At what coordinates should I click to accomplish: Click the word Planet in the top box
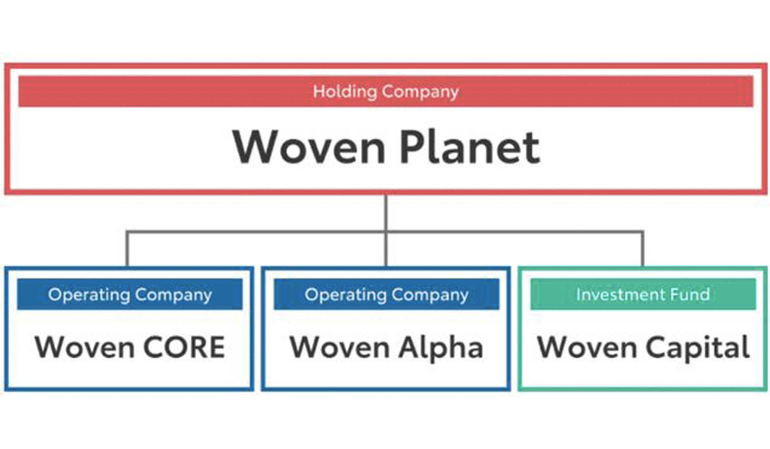coord(470,147)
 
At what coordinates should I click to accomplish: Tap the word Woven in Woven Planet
coord(309,147)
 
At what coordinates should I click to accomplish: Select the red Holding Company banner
coord(386,91)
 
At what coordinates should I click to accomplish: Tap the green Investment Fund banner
coord(643,294)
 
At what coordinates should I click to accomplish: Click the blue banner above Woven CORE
coord(130,294)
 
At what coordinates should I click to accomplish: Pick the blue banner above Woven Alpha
coord(386,294)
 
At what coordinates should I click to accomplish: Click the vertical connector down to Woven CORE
coord(127,249)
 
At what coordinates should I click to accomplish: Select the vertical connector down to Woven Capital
coord(642,249)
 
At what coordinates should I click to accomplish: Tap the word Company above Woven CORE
coord(174,295)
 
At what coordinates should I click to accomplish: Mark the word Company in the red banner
coord(420,92)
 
